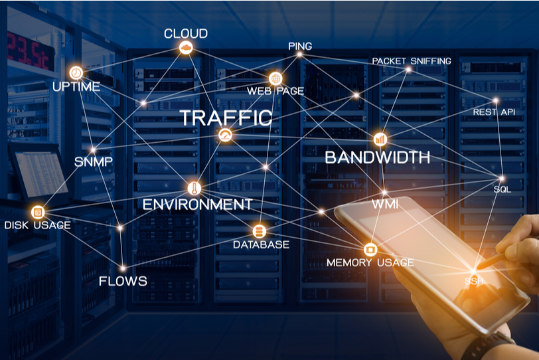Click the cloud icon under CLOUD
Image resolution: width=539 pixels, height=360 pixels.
point(186,47)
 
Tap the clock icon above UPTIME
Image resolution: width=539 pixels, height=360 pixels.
point(76,72)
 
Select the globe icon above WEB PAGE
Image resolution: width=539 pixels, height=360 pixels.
point(275,79)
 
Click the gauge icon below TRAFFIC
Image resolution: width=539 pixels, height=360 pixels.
point(225,135)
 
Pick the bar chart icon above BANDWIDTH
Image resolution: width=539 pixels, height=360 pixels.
point(380,139)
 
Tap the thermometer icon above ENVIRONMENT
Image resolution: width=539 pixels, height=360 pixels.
point(194,189)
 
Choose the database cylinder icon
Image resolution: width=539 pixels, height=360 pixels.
point(259,231)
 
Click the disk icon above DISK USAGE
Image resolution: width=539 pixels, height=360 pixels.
point(38,212)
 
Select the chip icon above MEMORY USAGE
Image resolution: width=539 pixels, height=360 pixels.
point(370,249)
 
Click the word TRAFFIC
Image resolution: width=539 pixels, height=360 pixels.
point(226,118)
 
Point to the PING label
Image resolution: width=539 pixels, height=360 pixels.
point(300,46)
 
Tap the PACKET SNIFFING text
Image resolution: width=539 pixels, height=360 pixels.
point(412,61)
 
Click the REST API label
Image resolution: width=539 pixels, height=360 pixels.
point(494,112)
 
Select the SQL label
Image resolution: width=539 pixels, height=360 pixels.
point(502,189)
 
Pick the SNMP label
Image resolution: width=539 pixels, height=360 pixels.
point(94,161)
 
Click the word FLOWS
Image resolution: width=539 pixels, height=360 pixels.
point(123,281)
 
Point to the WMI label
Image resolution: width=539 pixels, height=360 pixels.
point(385,204)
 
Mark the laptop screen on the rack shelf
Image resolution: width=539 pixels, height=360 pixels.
point(41,173)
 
